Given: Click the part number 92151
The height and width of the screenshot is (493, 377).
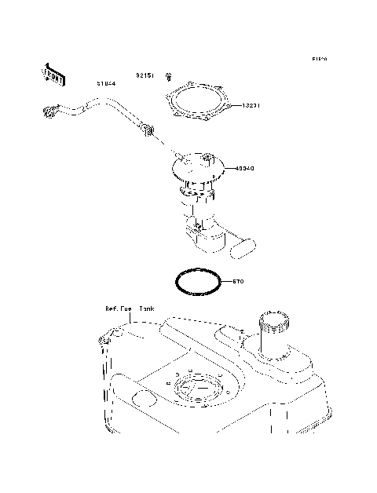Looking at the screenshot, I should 145,75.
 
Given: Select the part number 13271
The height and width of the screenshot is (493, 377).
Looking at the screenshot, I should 251,104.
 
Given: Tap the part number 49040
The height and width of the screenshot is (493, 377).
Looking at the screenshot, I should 243,168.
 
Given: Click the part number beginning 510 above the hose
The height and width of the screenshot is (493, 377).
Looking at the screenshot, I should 108,82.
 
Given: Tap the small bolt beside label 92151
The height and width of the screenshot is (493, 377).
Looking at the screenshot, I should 168,76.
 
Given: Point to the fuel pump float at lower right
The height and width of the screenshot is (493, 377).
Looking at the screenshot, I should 243,247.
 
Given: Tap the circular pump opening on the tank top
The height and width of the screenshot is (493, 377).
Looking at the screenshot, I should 192,390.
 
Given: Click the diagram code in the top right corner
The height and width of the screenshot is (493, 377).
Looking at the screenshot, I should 318,60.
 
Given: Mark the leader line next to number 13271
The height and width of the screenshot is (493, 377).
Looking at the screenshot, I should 235,104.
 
